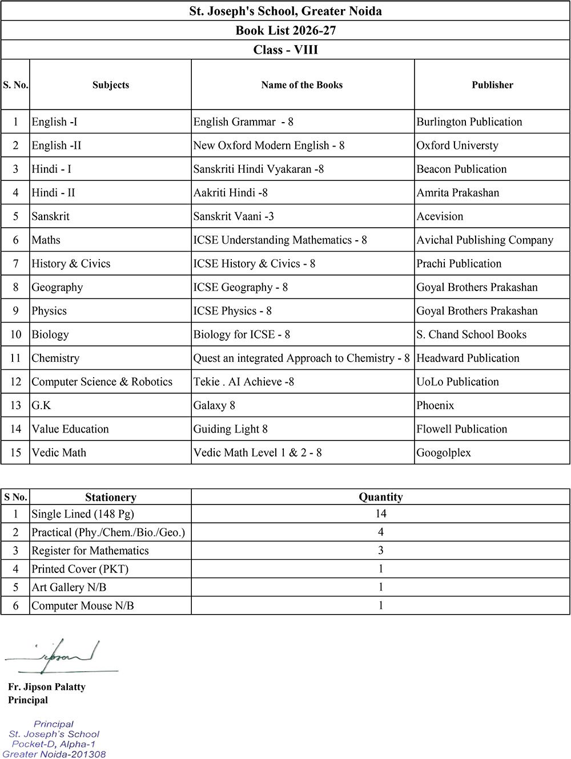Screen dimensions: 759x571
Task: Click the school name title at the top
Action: point(285,11)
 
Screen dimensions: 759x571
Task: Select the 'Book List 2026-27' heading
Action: point(285,30)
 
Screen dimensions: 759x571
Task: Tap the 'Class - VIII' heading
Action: point(285,50)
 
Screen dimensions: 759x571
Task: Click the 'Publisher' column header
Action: point(492,85)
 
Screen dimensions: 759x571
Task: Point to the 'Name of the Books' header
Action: point(302,85)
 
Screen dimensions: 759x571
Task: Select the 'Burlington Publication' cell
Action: point(469,122)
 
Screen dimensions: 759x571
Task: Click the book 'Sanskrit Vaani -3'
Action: point(234,216)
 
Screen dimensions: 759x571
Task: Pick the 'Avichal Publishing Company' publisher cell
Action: point(485,240)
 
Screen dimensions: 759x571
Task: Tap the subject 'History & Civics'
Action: point(71,264)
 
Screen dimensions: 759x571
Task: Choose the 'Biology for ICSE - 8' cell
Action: point(242,334)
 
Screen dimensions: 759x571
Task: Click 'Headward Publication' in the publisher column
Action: point(468,358)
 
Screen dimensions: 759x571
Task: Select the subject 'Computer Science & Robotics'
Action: point(102,382)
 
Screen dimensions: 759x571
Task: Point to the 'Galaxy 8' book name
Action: point(214,406)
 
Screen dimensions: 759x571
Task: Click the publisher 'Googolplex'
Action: point(444,453)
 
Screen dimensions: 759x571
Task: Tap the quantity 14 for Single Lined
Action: point(381,514)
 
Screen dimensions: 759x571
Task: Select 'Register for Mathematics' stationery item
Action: point(90,551)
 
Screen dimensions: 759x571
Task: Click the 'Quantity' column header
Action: point(380,497)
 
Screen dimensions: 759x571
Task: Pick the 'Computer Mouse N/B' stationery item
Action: point(83,606)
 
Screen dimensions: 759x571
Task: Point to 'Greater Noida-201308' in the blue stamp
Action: point(54,754)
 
